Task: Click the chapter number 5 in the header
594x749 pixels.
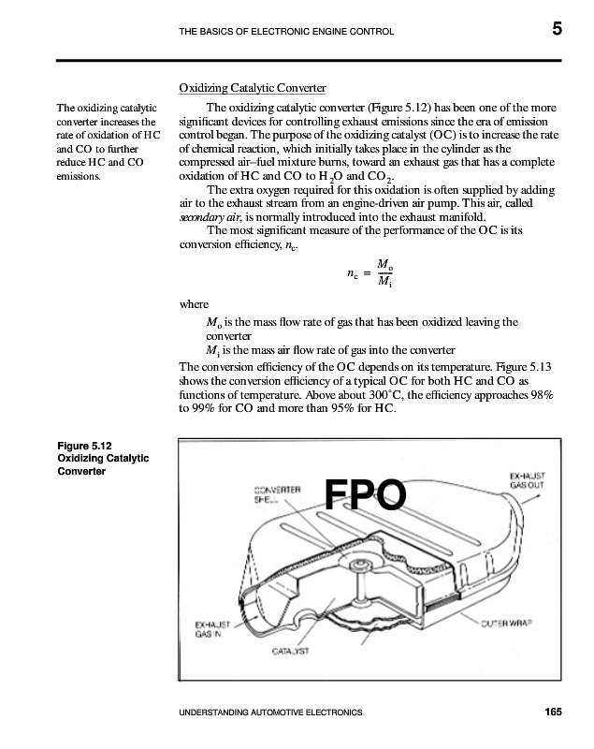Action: pos(557,29)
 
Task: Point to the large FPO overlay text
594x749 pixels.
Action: pos(366,496)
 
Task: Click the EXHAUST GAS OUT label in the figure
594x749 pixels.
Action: pos(529,481)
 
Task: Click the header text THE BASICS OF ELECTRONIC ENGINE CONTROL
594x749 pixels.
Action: pos(285,32)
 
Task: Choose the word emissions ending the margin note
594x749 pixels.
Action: pos(81,174)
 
